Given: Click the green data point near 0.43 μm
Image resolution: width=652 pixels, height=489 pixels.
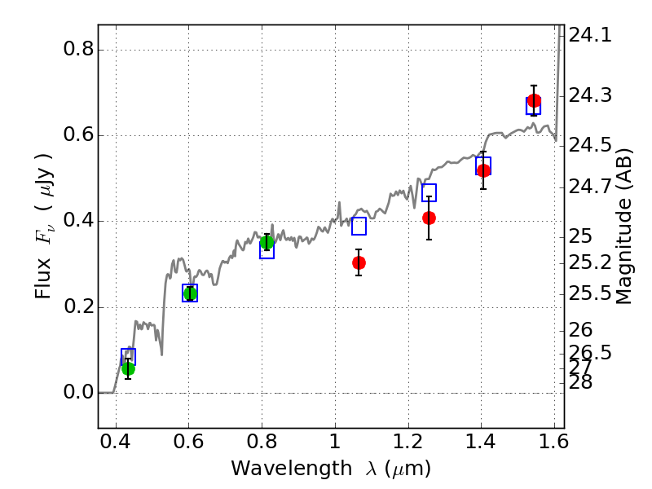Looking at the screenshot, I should pos(128,368).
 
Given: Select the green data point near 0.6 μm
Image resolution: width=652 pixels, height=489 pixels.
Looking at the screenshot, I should pos(190,293).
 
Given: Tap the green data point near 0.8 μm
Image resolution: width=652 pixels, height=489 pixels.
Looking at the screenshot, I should pos(267,242).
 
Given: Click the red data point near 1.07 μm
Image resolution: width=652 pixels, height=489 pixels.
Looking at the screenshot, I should pos(359,262).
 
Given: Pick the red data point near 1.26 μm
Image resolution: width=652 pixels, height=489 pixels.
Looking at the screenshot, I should pos(429,218).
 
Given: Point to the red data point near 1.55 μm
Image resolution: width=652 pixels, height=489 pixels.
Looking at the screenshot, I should pos(534,101).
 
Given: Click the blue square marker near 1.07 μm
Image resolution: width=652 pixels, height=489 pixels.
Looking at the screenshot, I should pos(359,227).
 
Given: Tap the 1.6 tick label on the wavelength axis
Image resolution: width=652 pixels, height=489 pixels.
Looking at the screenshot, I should pos(553,445).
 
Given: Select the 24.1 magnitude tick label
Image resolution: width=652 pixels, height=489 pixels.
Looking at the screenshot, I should pos(590,35).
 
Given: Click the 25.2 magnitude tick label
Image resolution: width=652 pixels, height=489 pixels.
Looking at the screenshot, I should pos(590,262).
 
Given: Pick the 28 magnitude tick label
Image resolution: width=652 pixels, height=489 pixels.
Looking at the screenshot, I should pos(580,382).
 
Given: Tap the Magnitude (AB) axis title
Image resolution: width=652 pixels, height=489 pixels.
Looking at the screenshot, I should pos(625,227).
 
